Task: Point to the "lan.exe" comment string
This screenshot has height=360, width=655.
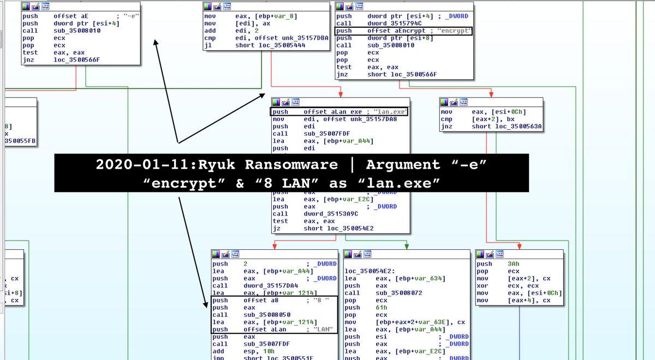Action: point(391,112)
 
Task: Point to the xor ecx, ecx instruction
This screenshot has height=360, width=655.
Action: point(494,285)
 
